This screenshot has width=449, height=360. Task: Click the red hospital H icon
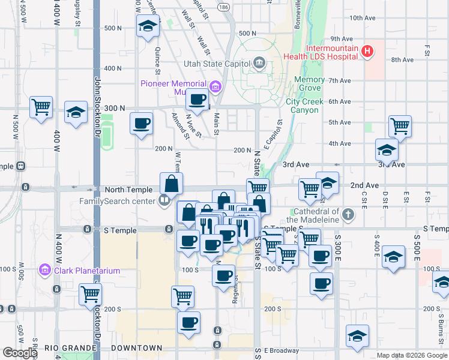[x=368, y=52]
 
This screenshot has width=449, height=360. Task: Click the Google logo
[x=19, y=353]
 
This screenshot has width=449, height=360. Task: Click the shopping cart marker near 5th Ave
[x=400, y=127]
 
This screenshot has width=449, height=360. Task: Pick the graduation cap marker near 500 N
[x=148, y=26]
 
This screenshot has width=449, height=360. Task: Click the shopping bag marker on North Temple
[x=171, y=184]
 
